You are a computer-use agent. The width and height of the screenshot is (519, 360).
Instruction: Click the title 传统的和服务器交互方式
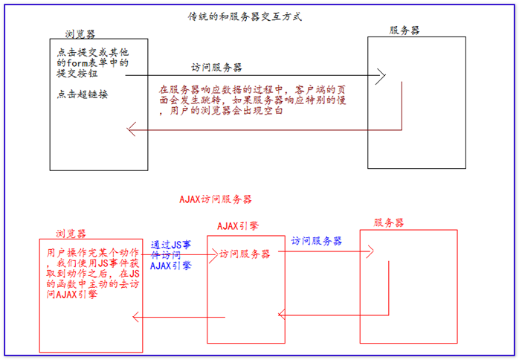pos(245,16)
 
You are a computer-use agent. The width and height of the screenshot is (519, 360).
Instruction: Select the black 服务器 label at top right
pos(404,30)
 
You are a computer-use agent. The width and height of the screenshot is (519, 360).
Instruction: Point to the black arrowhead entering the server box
pos(380,75)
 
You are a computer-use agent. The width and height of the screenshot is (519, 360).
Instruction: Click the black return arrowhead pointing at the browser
pos(132,131)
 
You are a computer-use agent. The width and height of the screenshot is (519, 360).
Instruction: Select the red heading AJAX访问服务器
pos(216,200)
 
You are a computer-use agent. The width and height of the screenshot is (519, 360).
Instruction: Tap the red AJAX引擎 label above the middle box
pos(238,225)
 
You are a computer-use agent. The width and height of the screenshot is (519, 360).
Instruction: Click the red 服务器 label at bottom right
pos(389,223)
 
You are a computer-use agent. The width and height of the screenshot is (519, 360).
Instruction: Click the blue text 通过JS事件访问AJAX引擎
pos(175,254)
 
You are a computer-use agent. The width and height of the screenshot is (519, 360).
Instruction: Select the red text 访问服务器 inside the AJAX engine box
pos(245,254)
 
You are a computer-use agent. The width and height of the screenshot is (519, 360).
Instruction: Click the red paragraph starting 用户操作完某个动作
pos(91,274)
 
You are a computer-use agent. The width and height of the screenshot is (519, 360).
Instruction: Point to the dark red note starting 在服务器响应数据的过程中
pos(253,100)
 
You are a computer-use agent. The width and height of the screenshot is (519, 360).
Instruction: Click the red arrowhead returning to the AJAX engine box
pos(283,315)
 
